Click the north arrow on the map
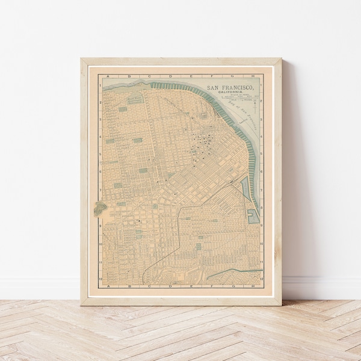point(255,107)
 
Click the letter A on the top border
point(106,76)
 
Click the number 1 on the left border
point(100,85)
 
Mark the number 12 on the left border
point(100,279)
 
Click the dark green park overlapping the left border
point(99,208)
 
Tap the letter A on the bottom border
point(106,286)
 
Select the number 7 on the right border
point(262,190)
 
